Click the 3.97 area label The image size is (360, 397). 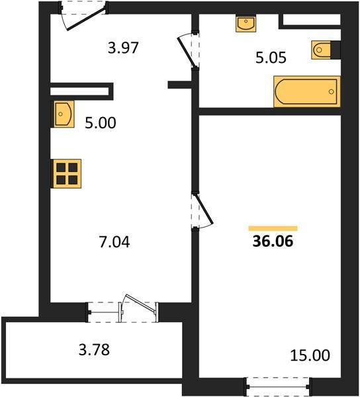click(x=123, y=48)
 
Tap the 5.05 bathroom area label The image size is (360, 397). click(x=271, y=58)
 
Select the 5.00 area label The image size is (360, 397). click(x=100, y=123)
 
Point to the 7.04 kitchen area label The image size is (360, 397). click(x=114, y=242)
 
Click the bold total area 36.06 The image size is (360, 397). click(x=273, y=241)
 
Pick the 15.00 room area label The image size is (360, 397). click(x=310, y=355)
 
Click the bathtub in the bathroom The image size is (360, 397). click(x=307, y=91)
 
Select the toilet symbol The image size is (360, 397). click(x=321, y=50)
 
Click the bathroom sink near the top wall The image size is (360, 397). click(x=246, y=23)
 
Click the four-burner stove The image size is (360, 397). click(x=66, y=173)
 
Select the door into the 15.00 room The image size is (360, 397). click(x=204, y=209)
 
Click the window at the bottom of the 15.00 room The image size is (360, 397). click(x=278, y=386)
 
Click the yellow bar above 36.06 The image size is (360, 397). click(x=273, y=228)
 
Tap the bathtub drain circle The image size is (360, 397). click(x=332, y=92)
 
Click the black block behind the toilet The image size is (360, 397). click(x=336, y=50)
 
